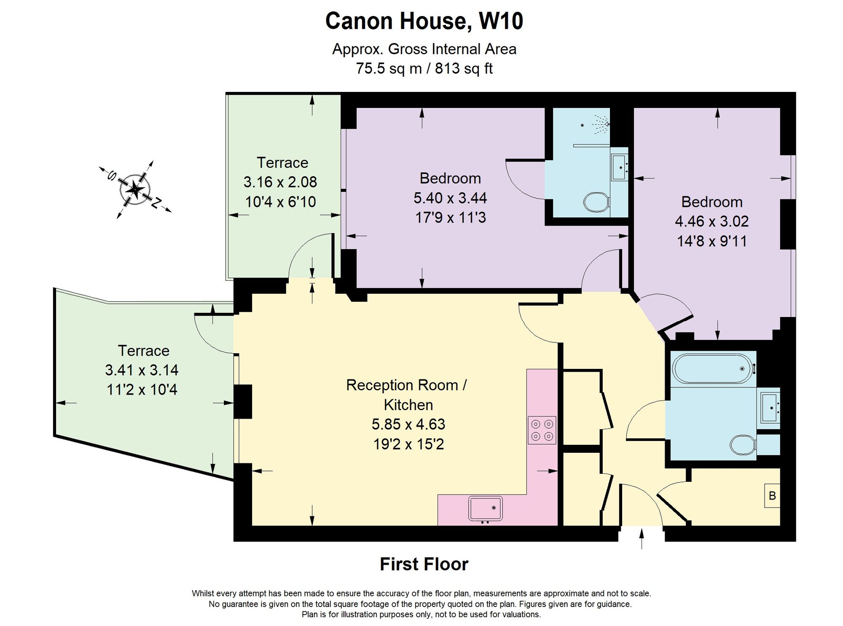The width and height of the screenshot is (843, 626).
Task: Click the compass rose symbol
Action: pos(135,190)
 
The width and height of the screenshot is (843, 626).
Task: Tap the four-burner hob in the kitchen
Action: pos(542,430)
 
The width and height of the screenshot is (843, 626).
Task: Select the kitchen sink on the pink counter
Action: pos(485,508)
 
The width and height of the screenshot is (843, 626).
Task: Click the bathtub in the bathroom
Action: pos(712,368)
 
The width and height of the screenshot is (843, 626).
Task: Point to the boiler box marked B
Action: pos(772,496)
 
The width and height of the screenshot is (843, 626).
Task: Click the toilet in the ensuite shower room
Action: pos(596,202)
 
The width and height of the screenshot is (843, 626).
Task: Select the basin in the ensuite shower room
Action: pos(620,167)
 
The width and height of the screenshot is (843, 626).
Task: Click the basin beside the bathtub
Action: pos(771,408)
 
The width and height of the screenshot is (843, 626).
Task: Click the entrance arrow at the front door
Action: pos(642,539)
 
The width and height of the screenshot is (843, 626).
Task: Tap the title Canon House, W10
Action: pos(424,21)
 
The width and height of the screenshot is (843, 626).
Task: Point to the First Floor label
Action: pos(424,564)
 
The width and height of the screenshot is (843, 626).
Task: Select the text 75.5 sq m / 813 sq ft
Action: pos(424,68)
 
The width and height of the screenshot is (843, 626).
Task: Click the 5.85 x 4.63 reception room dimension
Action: pos(408,424)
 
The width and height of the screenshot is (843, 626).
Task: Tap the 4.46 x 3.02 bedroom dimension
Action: pos(712,221)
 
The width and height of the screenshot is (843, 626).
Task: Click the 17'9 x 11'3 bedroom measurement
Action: pos(451,218)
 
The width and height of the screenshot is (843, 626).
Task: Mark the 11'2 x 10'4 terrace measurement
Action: pos(142,390)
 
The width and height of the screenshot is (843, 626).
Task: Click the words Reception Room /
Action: pos(406,385)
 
